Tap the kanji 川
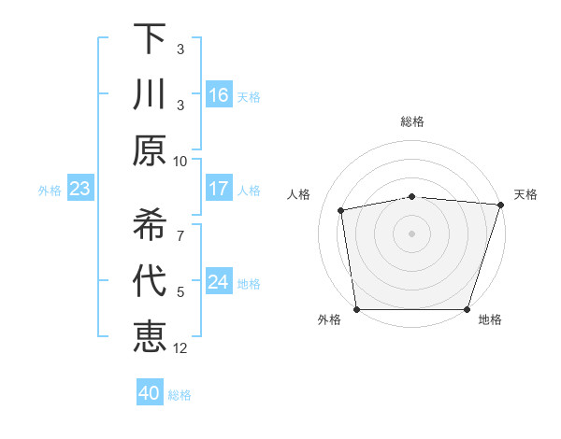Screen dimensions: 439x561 [x=150, y=94]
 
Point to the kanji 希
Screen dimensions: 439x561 [x=150, y=225]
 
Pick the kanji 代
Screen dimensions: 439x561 [x=150, y=282]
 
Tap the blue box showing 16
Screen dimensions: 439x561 [x=219, y=95]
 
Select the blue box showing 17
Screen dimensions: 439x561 [x=219, y=189]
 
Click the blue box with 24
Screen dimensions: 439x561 [x=219, y=282]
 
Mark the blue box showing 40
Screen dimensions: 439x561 [x=150, y=393]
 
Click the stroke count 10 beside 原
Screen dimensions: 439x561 [x=180, y=161]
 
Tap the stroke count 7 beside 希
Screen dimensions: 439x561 [x=180, y=226]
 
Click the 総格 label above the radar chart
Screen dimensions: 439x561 [x=412, y=121]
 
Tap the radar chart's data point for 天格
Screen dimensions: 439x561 [x=500, y=205]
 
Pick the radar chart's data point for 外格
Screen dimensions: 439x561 [x=357, y=309]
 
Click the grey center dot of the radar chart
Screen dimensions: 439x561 [x=412, y=234]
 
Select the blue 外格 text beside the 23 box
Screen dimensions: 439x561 [x=50, y=191]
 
